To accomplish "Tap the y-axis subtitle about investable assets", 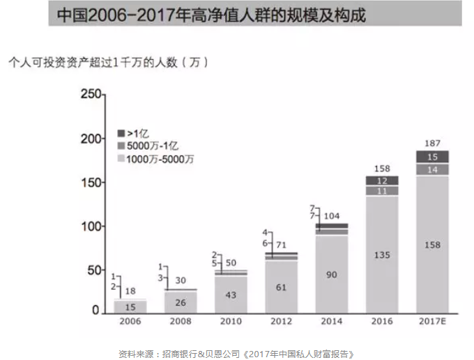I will click(108, 63).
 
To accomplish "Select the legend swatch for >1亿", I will click(121, 132).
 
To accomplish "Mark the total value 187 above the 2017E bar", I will click(431, 143).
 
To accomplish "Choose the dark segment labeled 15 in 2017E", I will click(431, 157).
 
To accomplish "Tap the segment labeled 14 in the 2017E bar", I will click(431, 169).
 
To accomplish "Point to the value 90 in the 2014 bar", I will click(331, 274).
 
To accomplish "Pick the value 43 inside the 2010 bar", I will click(231, 295).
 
